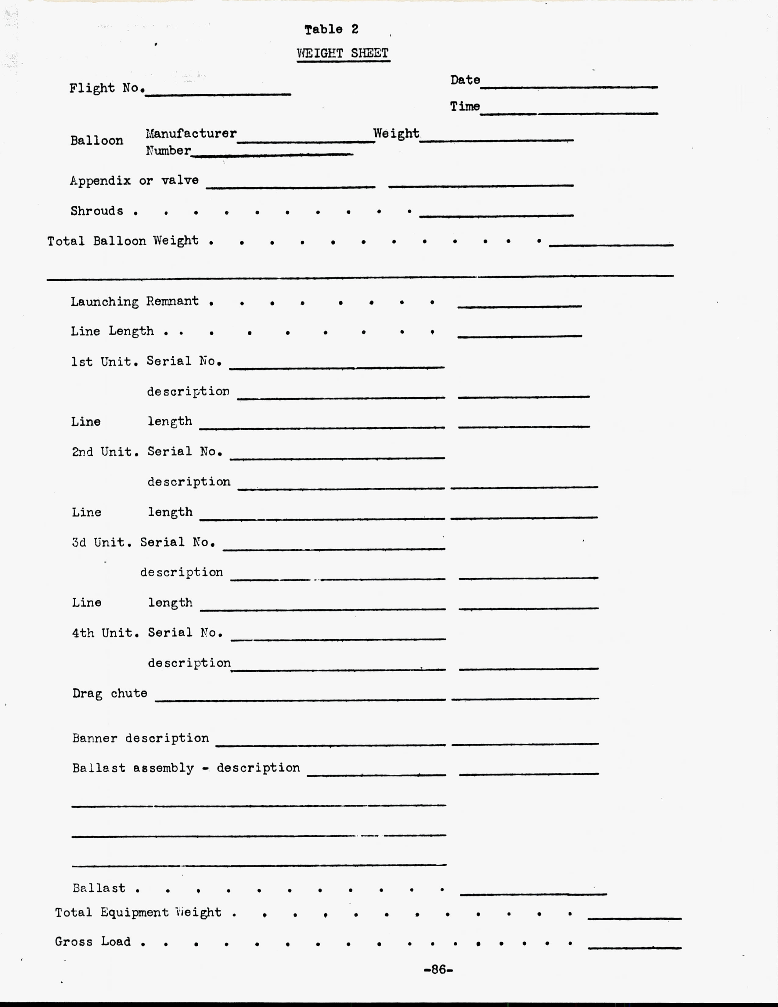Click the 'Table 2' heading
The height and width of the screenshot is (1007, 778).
click(x=331, y=30)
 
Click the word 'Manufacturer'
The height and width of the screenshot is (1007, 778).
click(x=191, y=134)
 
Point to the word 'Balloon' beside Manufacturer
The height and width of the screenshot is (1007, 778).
click(x=97, y=141)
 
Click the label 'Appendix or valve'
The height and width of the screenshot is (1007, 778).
click(x=134, y=180)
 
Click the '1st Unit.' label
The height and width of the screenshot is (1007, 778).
click(x=105, y=362)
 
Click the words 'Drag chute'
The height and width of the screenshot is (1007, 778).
click(x=110, y=694)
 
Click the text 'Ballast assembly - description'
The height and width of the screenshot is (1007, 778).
click(x=186, y=768)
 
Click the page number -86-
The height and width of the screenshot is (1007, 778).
click(x=438, y=970)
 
